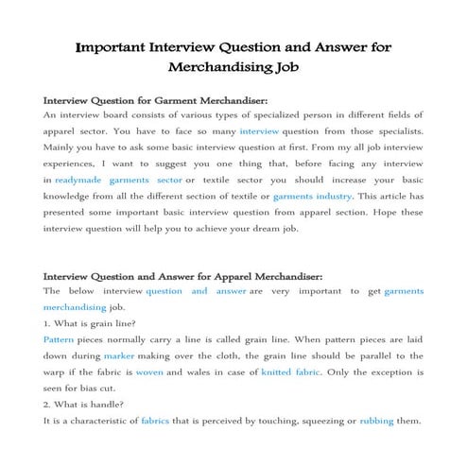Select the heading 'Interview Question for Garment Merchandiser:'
point(156,99)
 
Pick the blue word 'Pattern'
point(59,337)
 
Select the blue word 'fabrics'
point(155,422)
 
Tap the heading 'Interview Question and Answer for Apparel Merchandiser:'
point(183,276)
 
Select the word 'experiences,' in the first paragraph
point(76,163)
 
